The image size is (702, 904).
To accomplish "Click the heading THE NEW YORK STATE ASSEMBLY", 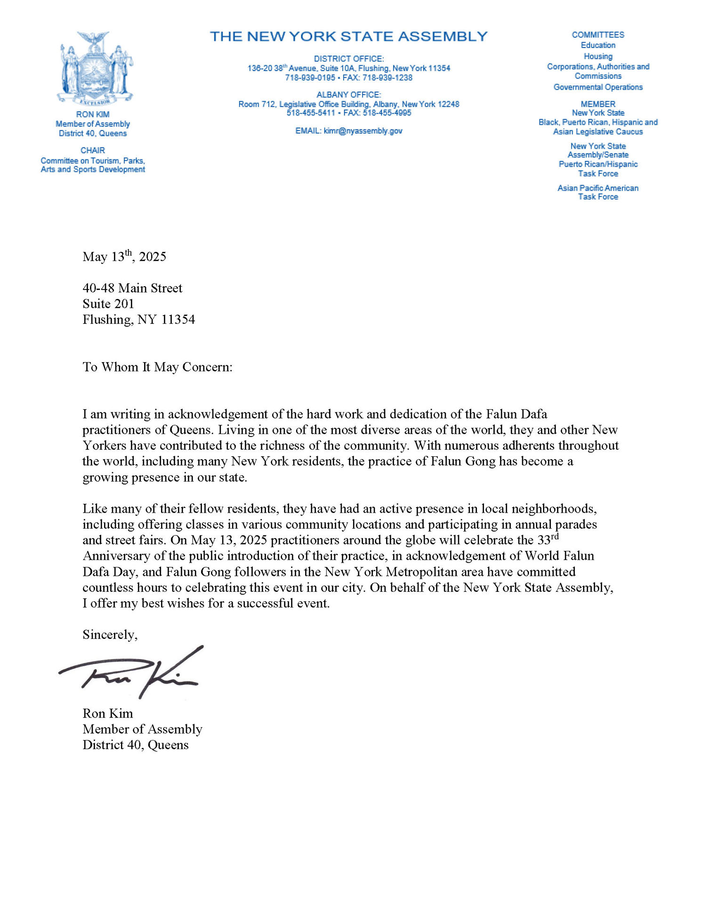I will click(348, 36).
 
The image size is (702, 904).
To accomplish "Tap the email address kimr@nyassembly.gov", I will click(363, 131).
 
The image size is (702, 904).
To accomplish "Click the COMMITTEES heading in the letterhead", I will click(598, 35).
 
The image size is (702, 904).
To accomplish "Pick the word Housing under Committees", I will click(598, 56).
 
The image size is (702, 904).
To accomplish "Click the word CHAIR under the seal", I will click(93, 150).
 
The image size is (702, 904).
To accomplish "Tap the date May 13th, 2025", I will click(124, 257).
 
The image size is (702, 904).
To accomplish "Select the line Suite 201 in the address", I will click(108, 304).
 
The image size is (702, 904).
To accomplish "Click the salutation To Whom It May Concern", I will click(157, 367).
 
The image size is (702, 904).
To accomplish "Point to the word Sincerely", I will click(110, 635).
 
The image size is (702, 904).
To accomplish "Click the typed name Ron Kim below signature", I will click(108, 713).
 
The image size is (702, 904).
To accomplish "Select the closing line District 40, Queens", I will click(136, 745).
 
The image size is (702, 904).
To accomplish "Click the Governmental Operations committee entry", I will click(598, 87).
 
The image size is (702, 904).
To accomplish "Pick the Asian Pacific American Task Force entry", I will click(598, 192).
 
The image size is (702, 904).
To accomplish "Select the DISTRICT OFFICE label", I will click(349, 59).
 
